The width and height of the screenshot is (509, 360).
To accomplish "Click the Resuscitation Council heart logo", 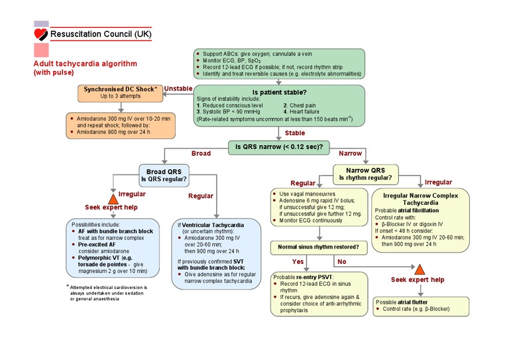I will coord(41,32).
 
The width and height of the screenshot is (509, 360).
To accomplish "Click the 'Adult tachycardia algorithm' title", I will coord(85,64).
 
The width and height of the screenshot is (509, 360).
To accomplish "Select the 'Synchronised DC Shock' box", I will coord(120,92).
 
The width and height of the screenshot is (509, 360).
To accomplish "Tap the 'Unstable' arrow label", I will coord(178,88).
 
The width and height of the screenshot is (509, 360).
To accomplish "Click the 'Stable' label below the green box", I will coord(294,133).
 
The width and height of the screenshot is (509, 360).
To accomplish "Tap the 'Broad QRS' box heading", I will coord(164,170).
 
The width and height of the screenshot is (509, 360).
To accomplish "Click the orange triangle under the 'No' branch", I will coord(418,269).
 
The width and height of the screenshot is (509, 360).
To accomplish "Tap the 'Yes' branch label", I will coord(296,262).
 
